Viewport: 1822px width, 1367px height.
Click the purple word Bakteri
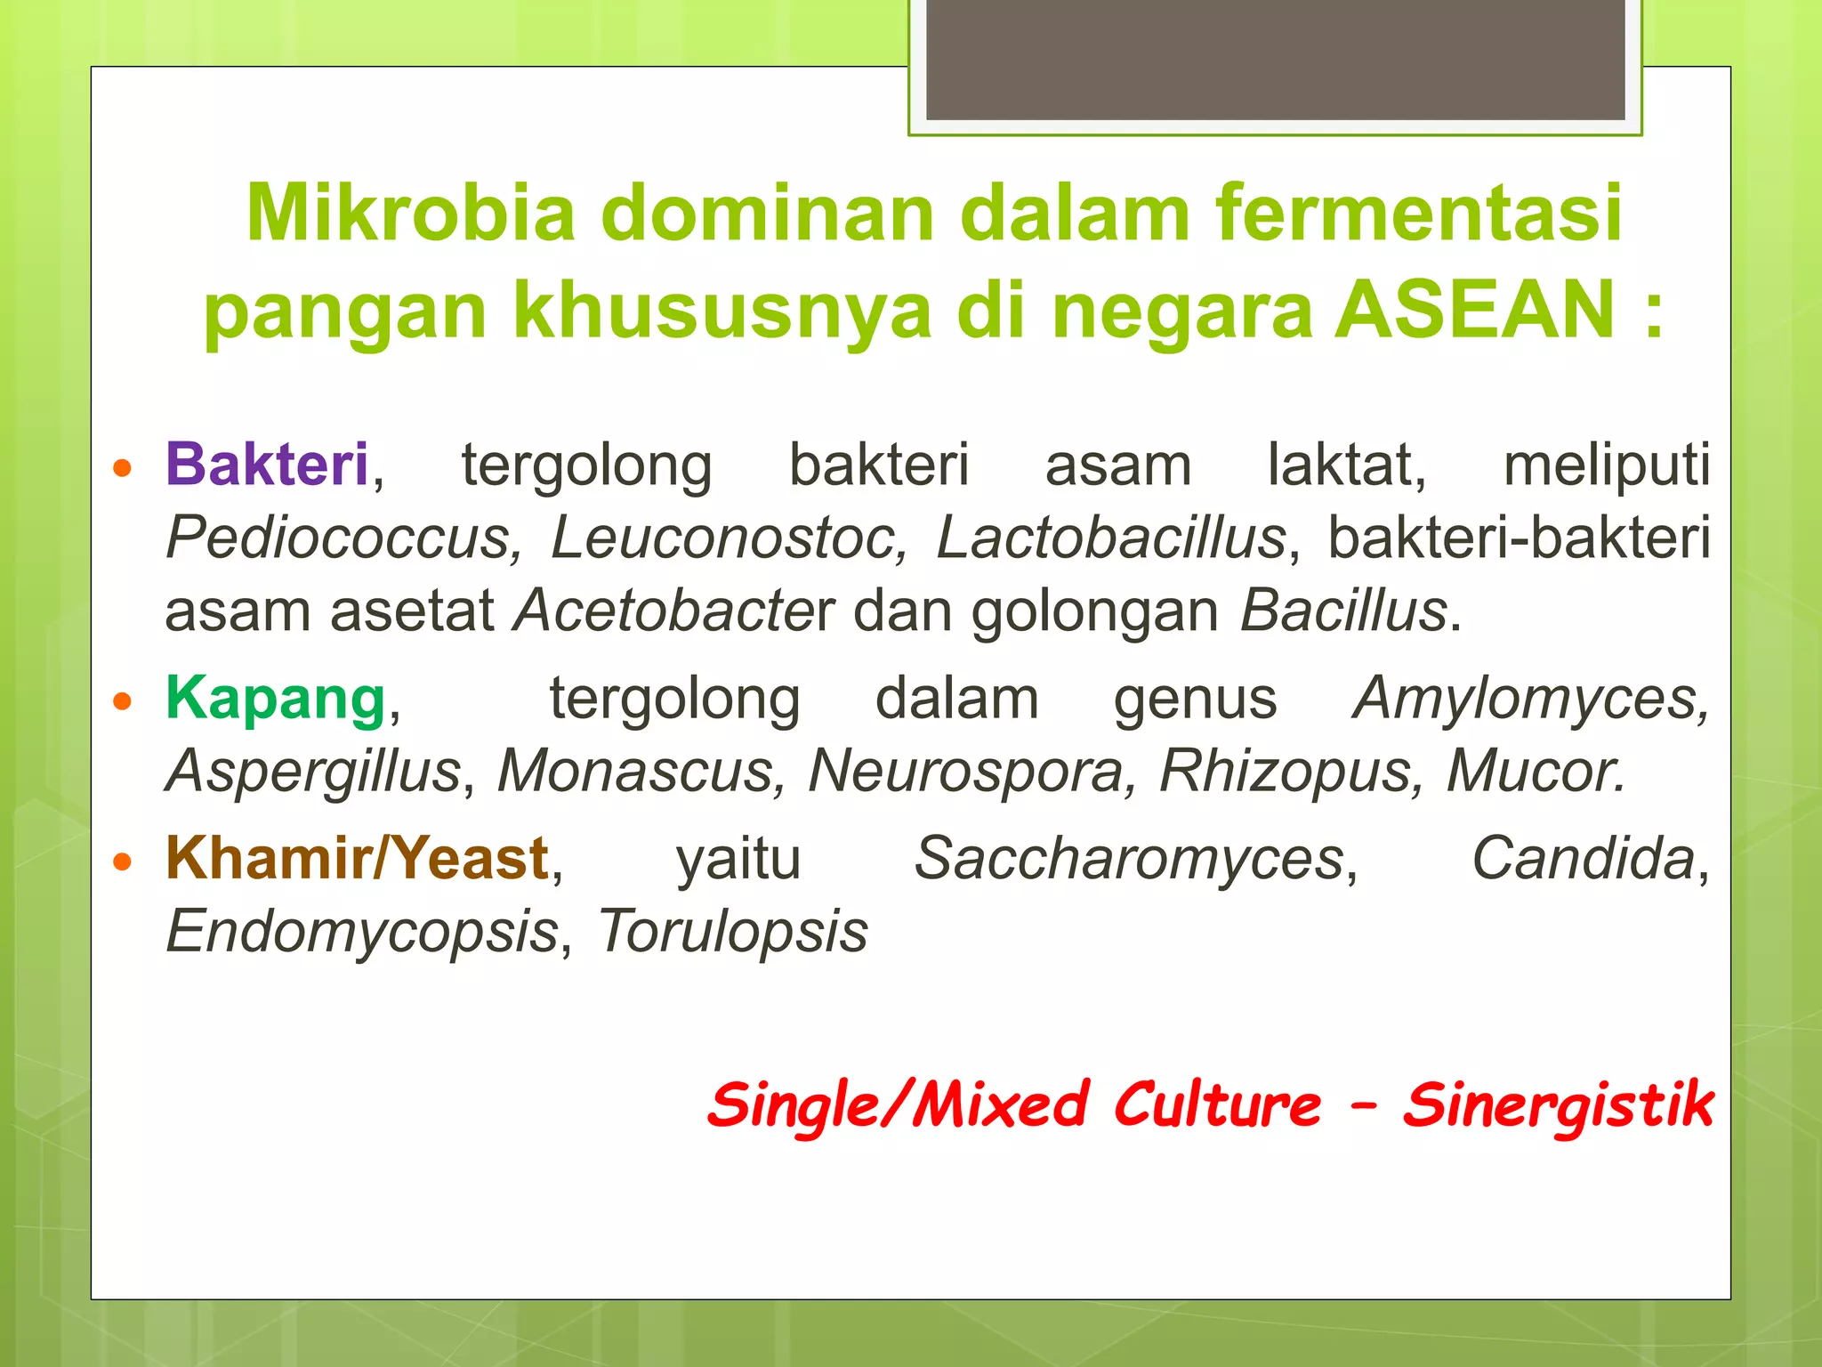pos(267,465)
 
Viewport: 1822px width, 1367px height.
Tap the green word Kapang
pos(276,699)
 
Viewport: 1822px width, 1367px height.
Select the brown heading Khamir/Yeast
pos(357,859)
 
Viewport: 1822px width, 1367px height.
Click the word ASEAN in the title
pos(1475,309)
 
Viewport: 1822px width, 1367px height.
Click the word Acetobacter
pos(674,611)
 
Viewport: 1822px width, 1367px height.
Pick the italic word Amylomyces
pos(1530,699)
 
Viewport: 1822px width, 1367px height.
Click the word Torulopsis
pos(732,932)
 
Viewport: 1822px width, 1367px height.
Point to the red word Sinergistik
pos(1557,1105)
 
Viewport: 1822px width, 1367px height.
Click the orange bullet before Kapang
pos(123,701)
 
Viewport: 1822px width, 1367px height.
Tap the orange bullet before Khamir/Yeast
pos(123,861)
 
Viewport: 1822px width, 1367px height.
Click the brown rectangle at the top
pos(1275,60)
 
